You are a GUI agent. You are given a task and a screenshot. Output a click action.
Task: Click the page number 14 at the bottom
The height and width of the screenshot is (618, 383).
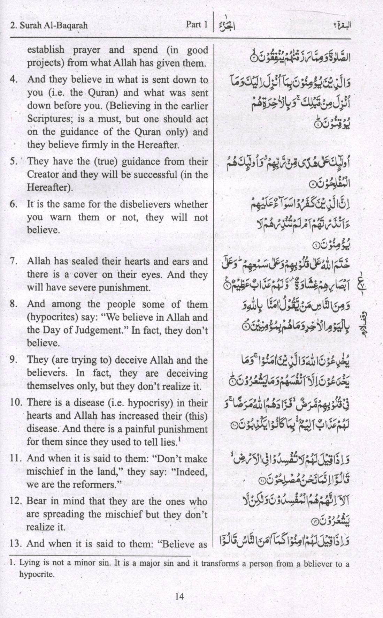(x=179, y=596)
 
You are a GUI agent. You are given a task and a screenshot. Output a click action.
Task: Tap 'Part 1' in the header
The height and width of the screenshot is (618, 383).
(x=197, y=24)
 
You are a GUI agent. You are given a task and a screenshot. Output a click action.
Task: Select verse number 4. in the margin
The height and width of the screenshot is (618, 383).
(x=14, y=80)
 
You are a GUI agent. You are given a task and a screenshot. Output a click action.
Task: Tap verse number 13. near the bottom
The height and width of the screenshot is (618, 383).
(x=16, y=543)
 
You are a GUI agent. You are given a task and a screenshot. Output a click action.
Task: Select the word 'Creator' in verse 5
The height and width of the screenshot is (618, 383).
(x=42, y=174)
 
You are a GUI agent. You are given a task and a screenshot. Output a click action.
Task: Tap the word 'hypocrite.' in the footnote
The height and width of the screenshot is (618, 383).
(x=37, y=574)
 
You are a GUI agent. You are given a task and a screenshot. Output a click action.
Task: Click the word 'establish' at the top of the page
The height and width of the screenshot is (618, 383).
(x=46, y=50)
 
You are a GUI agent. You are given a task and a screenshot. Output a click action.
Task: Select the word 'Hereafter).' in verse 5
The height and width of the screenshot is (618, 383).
(x=50, y=187)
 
